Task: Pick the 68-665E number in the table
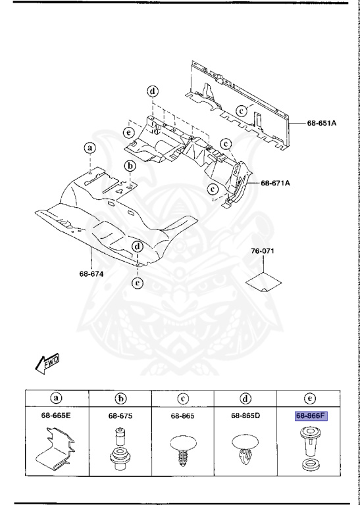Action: click(57, 416)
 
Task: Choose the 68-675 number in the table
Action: click(120, 416)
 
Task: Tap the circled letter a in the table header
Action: click(57, 398)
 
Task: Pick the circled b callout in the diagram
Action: click(130, 166)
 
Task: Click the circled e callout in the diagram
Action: click(129, 133)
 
